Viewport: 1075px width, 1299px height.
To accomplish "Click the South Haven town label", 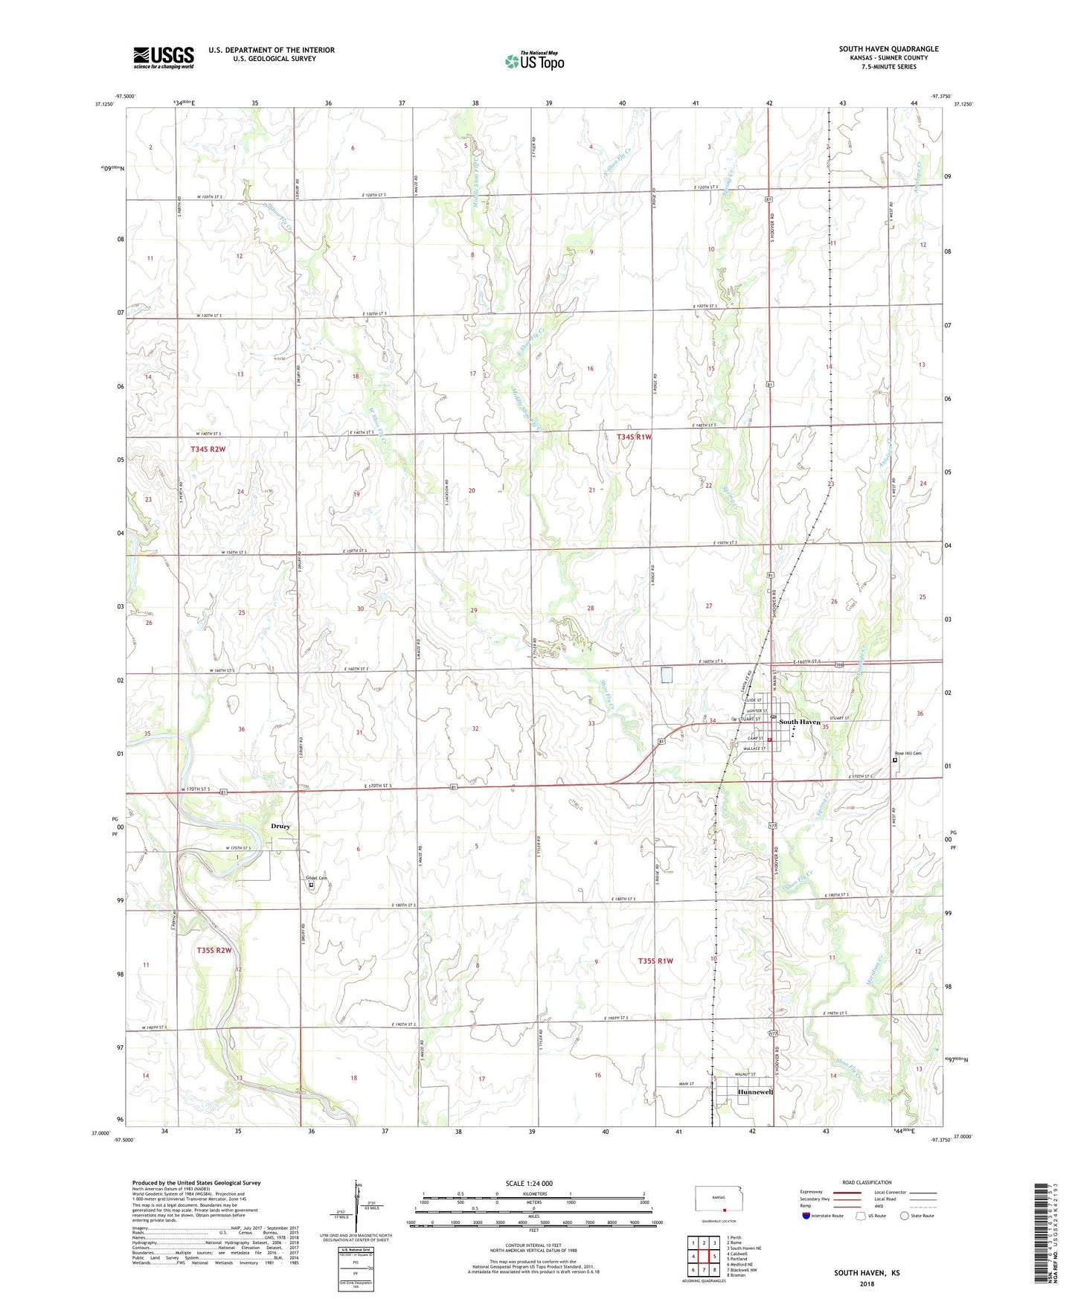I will point(800,722).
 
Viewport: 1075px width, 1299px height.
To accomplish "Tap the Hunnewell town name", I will point(756,1091).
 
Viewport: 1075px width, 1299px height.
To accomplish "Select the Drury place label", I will point(280,826).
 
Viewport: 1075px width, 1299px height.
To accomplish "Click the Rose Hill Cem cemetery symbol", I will point(895,760).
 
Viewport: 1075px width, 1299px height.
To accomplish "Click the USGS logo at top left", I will point(164,57).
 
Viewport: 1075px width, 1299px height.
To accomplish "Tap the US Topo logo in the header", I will point(534,60).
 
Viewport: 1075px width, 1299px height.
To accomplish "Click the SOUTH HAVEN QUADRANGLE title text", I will point(888,49).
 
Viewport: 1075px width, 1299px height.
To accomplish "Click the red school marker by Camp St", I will point(770,740).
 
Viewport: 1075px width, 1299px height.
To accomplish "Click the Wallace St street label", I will point(753,748).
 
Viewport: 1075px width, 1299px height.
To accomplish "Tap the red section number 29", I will point(474,610).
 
